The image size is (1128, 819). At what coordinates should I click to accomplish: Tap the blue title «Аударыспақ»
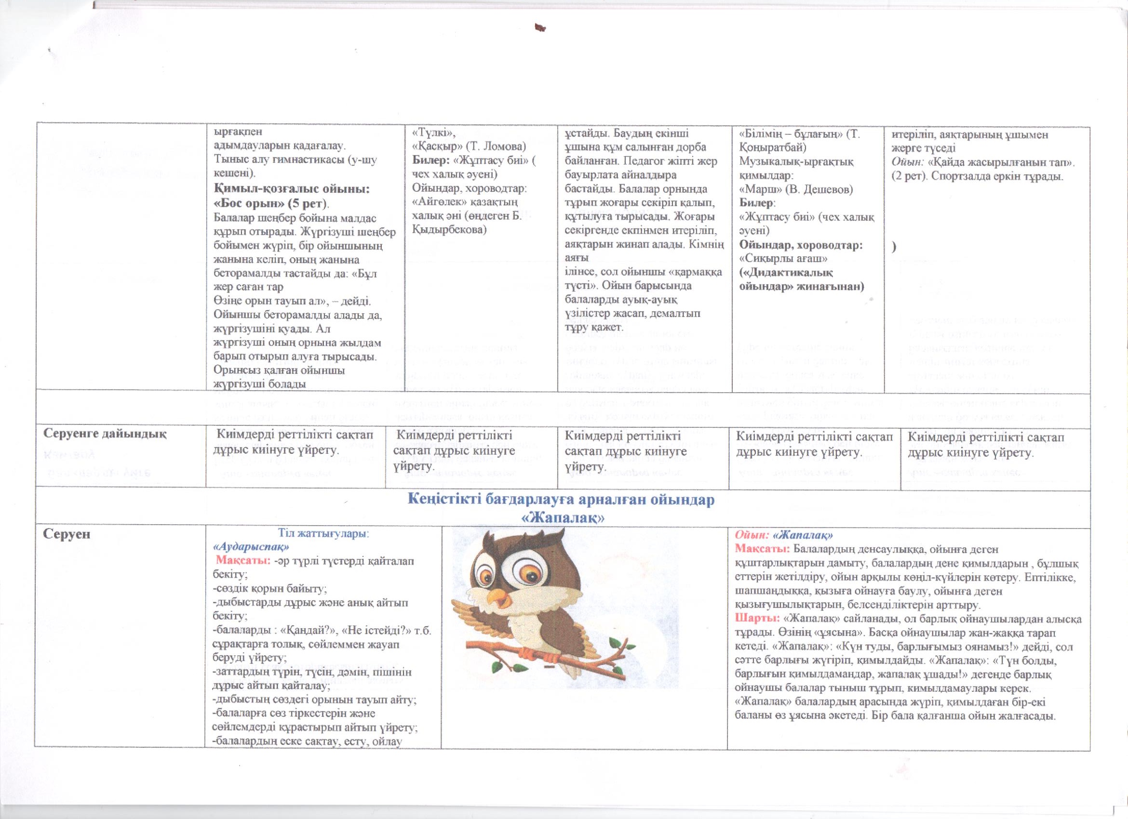[251, 546]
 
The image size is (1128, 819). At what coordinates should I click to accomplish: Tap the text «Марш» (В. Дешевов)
[796, 189]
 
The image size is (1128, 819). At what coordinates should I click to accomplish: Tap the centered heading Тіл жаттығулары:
[323, 534]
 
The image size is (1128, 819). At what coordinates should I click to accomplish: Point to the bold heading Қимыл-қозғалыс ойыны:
[292, 189]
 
